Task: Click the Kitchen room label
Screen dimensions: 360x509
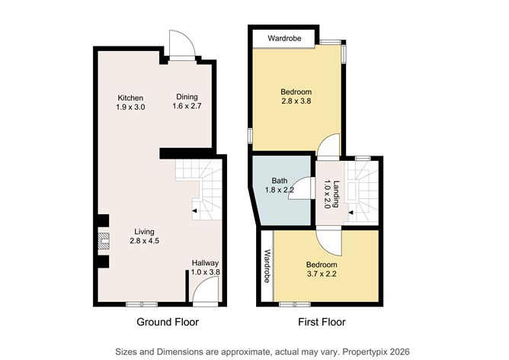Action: [x=130, y=97]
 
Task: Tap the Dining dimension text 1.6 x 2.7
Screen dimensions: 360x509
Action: [x=187, y=107]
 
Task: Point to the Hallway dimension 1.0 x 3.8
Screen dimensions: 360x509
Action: [x=204, y=272]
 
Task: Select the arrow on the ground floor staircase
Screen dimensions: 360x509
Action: [x=194, y=210]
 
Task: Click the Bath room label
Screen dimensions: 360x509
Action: [x=280, y=181]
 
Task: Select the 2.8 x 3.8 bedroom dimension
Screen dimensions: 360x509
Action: [x=296, y=101]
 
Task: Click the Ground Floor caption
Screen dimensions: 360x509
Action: [x=168, y=323]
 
